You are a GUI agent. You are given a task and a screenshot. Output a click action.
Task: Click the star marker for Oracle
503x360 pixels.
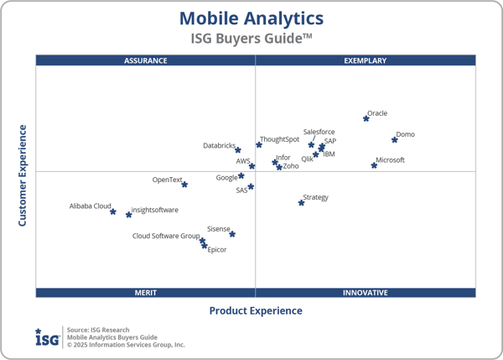pyautogui.click(x=366, y=118)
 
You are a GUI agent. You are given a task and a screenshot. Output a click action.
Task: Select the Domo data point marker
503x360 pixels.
pyautogui.click(x=395, y=139)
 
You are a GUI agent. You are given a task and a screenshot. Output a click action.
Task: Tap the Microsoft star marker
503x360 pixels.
pyautogui.click(x=374, y=165)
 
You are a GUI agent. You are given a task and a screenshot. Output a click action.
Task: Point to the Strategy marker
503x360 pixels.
pyautogui.click(x=302, y=202)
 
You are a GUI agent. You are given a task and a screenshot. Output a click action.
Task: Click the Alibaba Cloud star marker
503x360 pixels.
pyautogui.click(x=113, y=211)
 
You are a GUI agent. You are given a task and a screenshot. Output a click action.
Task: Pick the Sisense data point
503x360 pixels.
pyautogui.click(x=232, y=234)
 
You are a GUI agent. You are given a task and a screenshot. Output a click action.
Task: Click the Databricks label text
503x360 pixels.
pyautogui.click(x=220, y=146)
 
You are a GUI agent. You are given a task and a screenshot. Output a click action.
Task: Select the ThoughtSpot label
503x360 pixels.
pyautogui.click(x=279, y=139)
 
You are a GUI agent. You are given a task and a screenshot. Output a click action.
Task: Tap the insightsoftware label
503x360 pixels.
pyautogui.click(x=155, y=210)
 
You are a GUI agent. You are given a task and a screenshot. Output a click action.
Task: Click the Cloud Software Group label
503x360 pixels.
pyautogui.click(x=166, y=236)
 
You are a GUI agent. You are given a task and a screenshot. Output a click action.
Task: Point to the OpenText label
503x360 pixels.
pyautogui.click(x=167, y=180)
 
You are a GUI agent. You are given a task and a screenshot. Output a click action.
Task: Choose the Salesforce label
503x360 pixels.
pyautogui.click(x=319, y=132)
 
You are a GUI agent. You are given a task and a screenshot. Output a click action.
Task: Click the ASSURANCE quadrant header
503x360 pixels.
pyautogui.click(x=146, y=60)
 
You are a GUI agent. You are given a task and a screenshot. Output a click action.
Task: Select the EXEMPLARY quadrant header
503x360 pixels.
pyautogui.click(x=366, y=60)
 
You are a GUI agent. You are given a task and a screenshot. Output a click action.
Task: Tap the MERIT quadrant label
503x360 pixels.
pyautogui.click(x=146, y=292)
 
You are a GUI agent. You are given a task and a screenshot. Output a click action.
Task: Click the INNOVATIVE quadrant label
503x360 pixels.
pyautogui.click(x=366, y=292)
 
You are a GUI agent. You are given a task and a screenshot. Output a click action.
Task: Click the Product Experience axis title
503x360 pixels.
pyautogui.click(x=256, y=310)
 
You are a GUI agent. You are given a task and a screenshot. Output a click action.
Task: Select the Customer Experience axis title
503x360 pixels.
pyautogui.click(x=23, y=175)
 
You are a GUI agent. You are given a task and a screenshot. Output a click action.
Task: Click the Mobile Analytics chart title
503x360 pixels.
pyautogui.click(x=251, y=18)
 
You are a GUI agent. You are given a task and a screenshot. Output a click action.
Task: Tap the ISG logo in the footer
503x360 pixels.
pyautogui.click(x=47, y=337)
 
